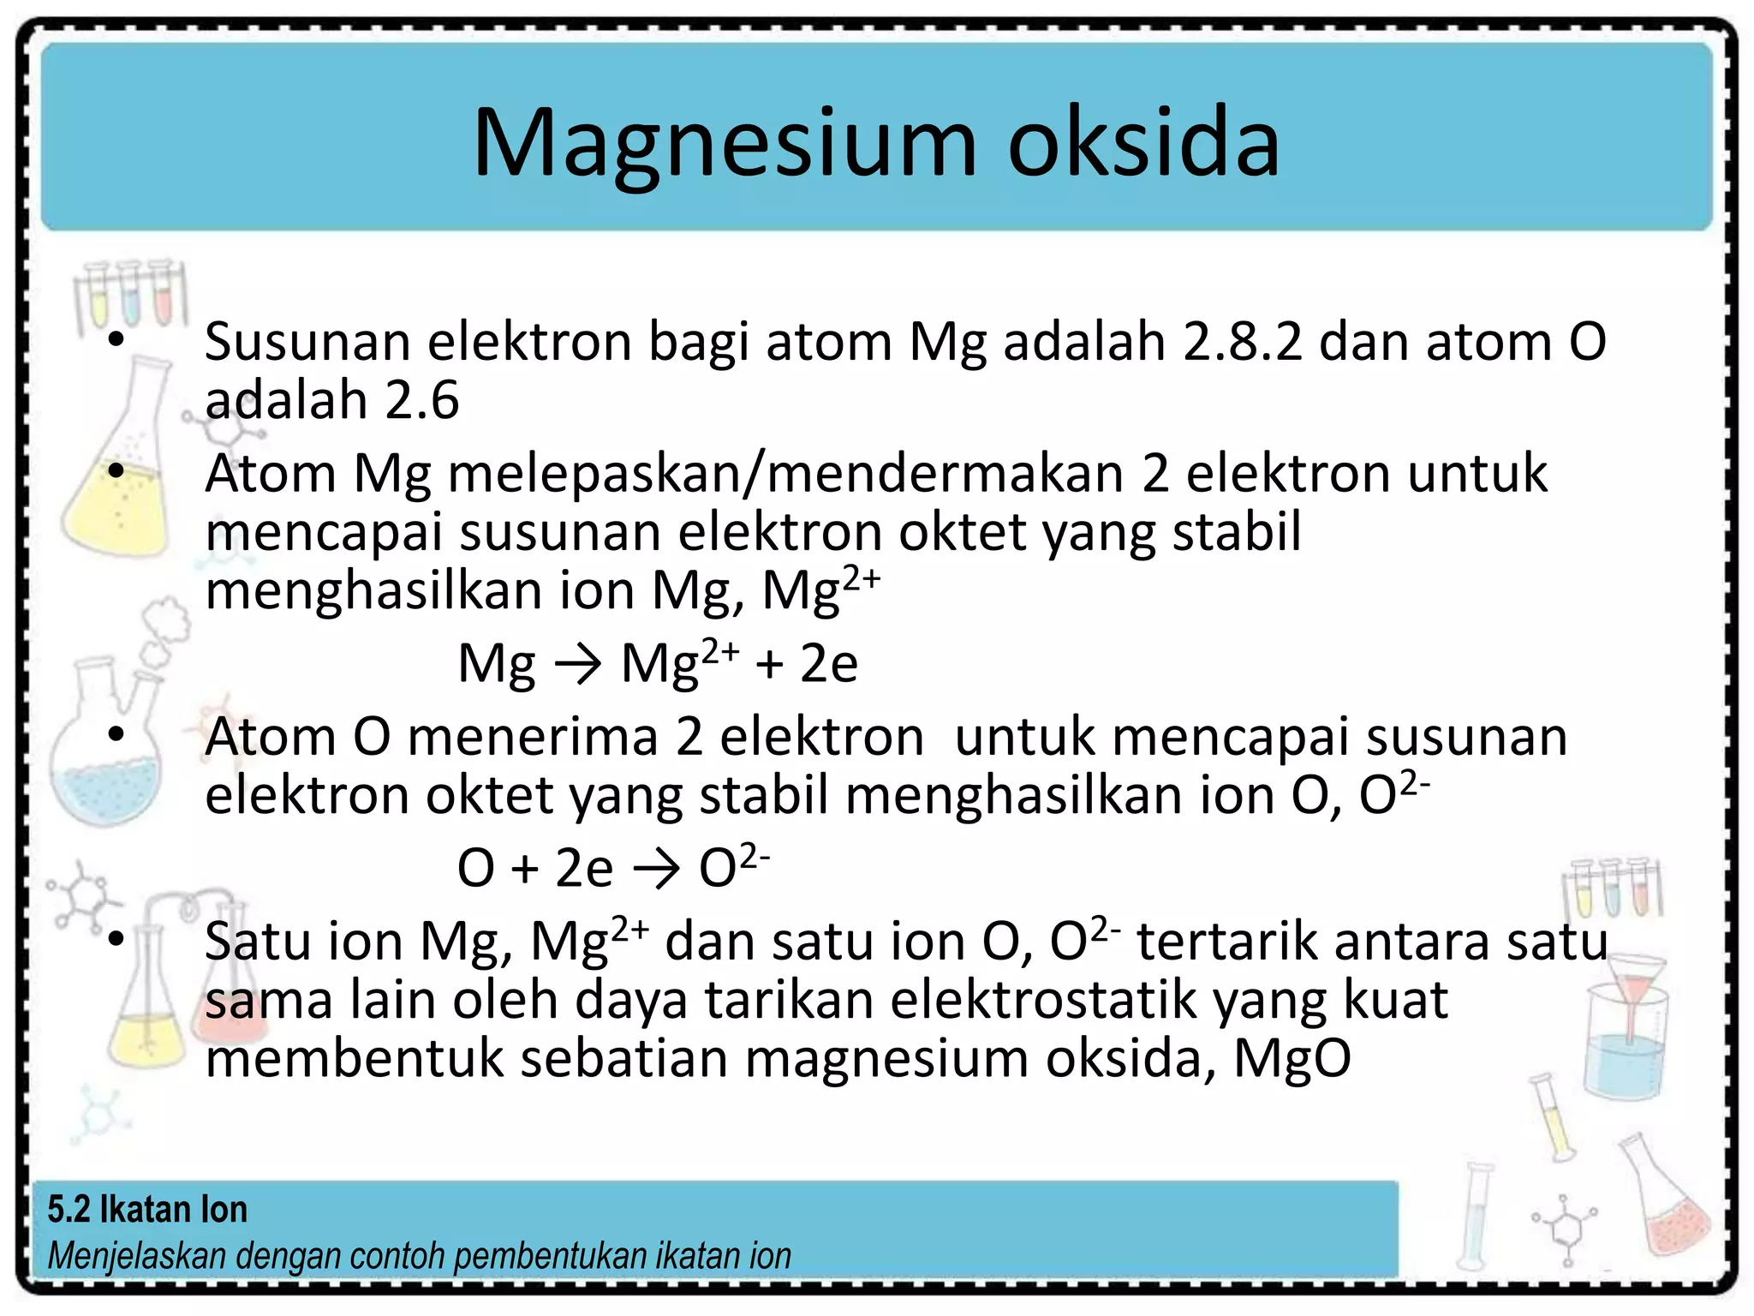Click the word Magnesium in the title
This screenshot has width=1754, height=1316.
coord(724,143)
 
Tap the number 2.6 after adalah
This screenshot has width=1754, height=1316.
coord(421,400)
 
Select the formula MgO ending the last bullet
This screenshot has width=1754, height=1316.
coord(1292,1059)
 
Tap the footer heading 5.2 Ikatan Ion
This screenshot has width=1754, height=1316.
coord(147,1210)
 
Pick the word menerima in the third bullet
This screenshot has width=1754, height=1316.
coord(533,738)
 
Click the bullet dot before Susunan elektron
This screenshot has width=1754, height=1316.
coord(116,341)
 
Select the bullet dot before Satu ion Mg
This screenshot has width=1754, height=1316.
coord(116,940)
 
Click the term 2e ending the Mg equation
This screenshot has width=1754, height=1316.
coord(829,664)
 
